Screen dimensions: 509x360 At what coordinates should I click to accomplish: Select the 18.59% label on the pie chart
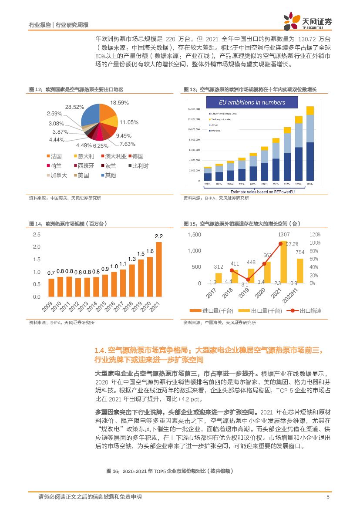[x=120, y=103]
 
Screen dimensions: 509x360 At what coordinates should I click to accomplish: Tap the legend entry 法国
[x=54, y=156]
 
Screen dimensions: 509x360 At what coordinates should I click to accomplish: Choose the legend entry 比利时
[x=138, y=166]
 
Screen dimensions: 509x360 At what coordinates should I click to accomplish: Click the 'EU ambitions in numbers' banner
[x=252, y=103]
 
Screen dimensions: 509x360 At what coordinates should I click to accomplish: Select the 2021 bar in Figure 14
[x=158, y=269]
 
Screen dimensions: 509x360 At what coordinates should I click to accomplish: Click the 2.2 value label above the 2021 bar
[x=158, y=236]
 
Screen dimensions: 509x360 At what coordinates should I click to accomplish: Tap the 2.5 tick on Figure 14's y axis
[x=36, y=235]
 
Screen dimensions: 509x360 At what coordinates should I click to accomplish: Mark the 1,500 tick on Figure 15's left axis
[x=194, y=235]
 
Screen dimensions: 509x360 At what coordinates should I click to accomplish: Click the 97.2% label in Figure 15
[x=292, y=244]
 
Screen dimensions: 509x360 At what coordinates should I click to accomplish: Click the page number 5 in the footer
[x=327, y=497]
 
